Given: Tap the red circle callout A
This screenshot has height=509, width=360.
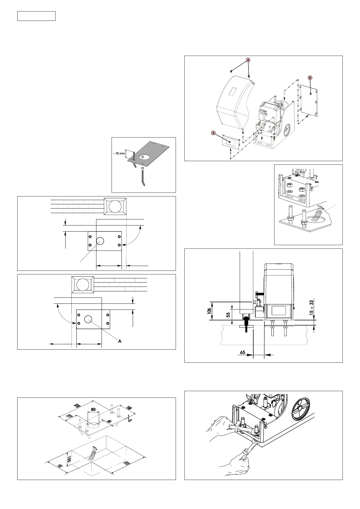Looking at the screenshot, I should click(x=248, y=60).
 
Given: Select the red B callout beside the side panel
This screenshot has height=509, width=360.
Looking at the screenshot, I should click(x=310, y=78).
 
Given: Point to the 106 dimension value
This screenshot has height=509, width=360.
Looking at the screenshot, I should click(x=209, y=311).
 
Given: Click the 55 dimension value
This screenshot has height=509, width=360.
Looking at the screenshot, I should click(x=229, y=314).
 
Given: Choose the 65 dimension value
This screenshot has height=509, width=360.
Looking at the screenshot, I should click(x=243, y=352).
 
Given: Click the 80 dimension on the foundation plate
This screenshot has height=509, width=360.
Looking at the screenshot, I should click(x=93, y=410).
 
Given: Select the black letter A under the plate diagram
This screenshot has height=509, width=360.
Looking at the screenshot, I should click(x=120, y=341).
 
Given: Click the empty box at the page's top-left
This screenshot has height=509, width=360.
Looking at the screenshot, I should click(x=36, y=16).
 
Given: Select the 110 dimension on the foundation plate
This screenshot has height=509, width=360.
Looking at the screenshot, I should click(x=69, y=417).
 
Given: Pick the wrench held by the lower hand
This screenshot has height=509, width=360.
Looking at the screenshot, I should click(x=248, y=453).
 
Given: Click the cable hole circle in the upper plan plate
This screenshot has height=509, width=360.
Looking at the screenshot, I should click(x=100, y=241).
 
